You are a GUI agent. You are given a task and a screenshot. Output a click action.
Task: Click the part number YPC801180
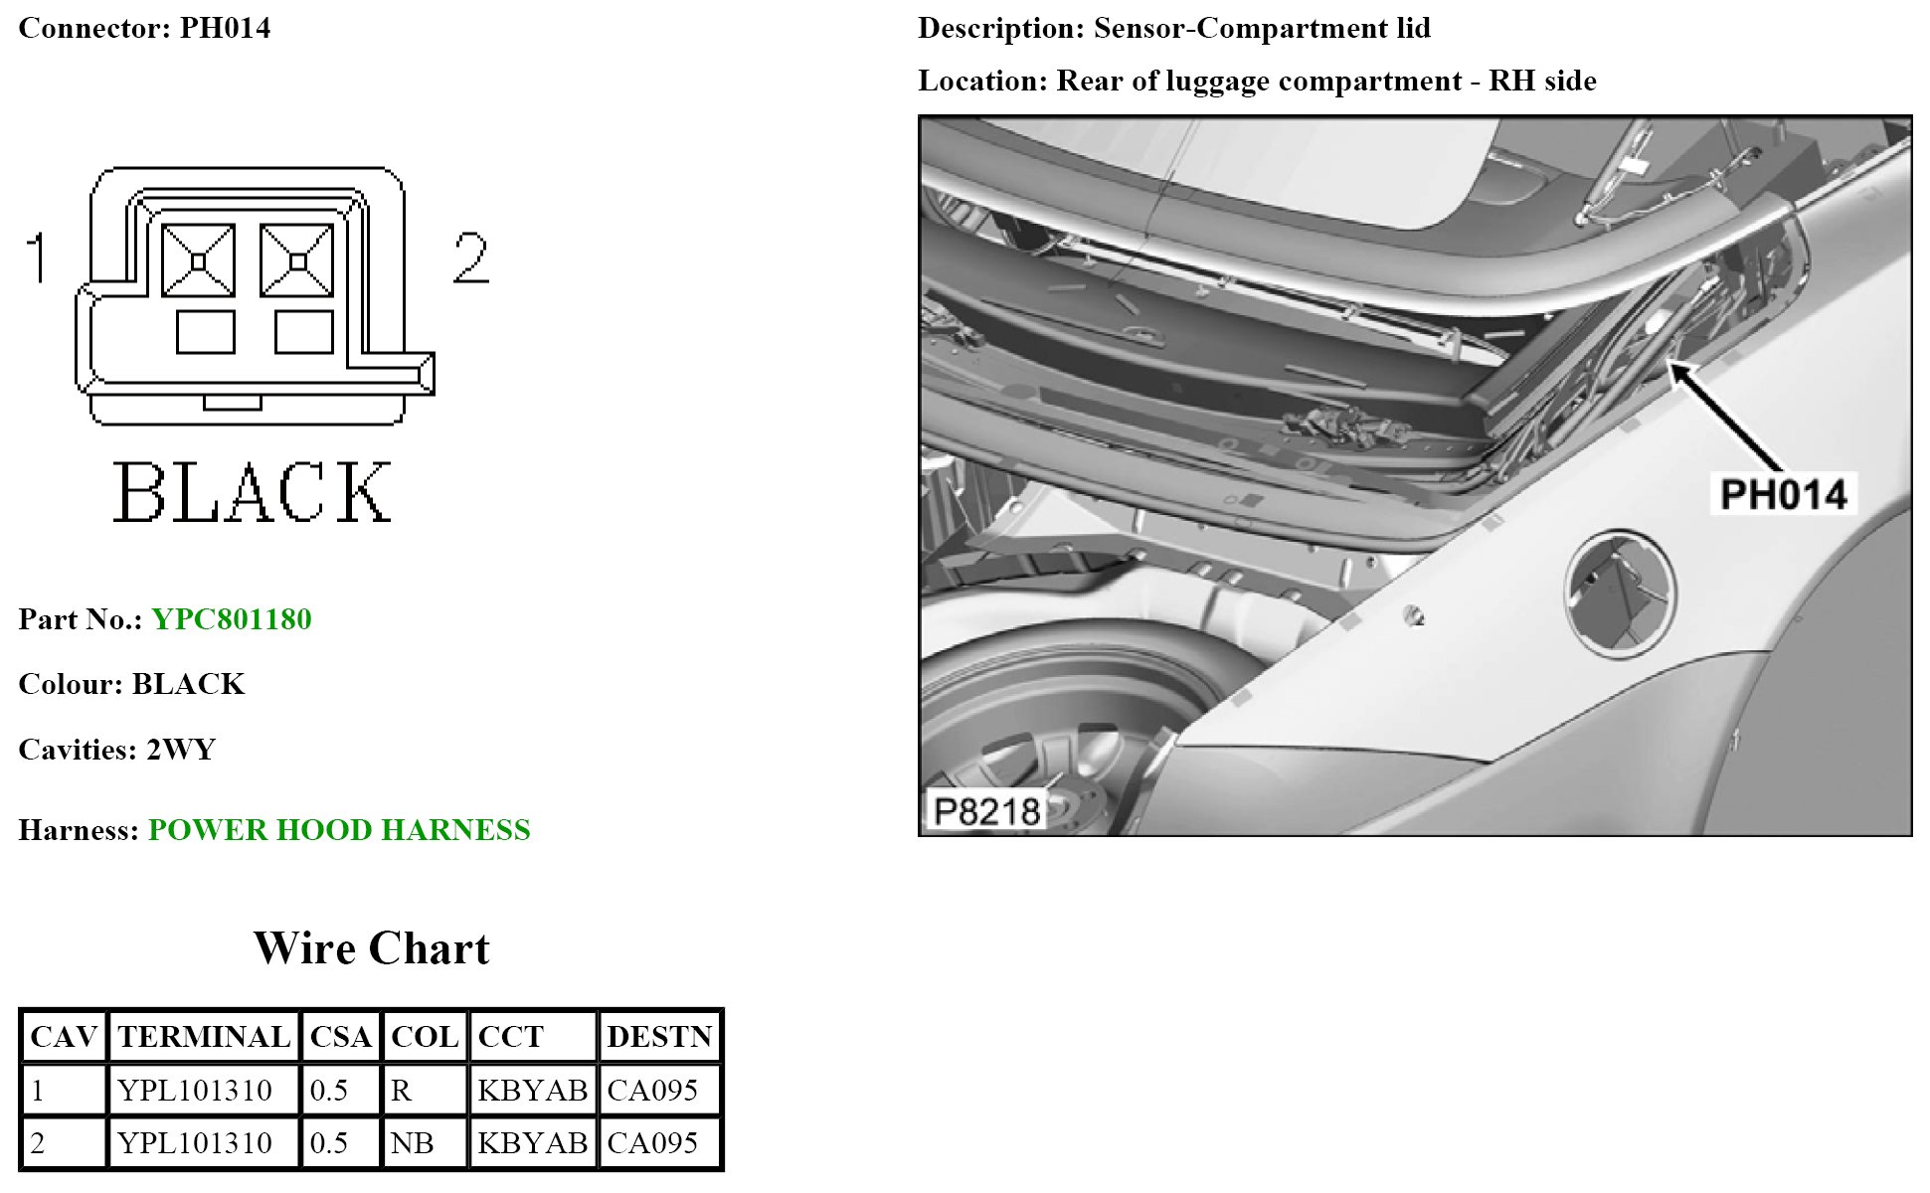(x=232, y=619)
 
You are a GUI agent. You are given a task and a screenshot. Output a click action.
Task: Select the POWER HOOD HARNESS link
(x=339, y=830)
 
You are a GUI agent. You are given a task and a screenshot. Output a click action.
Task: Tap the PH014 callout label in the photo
(x=1784, y=494)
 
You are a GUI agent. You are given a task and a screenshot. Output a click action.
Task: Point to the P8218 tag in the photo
(x=986, y=811)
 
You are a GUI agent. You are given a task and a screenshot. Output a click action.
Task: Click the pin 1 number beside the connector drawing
(x=37, y=257)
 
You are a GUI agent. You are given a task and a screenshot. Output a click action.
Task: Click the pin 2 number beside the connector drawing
(x=470, y=257)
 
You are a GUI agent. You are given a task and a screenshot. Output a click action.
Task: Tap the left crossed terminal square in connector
(x=198, y=260)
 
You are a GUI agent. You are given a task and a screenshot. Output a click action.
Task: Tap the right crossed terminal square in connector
(x=296, y=260)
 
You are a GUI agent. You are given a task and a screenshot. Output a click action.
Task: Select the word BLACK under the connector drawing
(x=253, y=492)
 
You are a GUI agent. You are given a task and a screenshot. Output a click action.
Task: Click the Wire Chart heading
(x=372, y=948)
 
